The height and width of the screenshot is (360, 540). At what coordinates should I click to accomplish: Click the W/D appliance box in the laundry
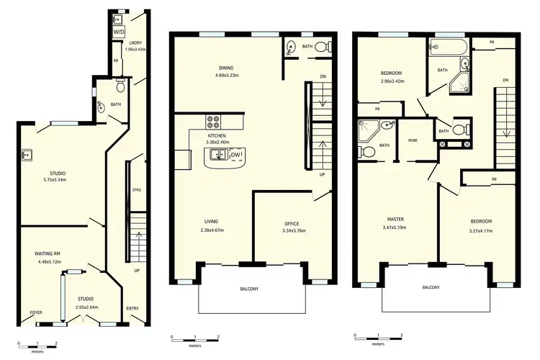coord(119,32)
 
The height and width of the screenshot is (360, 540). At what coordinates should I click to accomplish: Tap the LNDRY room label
coord(135,42)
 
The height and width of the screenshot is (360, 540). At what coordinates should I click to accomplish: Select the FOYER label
coord(35,312)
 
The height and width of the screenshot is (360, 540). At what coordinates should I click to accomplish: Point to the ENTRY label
coord(132,309)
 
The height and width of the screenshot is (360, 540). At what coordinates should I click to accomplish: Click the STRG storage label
coord(137,189)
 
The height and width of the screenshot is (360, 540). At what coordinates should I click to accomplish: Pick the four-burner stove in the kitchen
coord(214,122)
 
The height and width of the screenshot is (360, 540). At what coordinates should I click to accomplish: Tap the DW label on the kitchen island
coord(235,155)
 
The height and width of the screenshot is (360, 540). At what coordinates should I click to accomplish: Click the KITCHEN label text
coord(217,135)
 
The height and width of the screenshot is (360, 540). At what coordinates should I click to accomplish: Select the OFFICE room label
coord(292,223)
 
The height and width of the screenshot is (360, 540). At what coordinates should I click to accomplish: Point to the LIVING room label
coord(211,222)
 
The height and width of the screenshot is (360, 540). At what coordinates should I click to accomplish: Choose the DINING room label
coord(227,68)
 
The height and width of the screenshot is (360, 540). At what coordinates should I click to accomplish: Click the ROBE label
coord(413,140)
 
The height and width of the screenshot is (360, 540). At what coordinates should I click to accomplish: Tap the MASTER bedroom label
coord(395,220)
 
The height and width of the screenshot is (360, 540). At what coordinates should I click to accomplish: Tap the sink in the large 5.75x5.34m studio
coord(27,154)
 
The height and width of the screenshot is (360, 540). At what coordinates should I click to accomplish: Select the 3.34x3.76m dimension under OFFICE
coord(292,230)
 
